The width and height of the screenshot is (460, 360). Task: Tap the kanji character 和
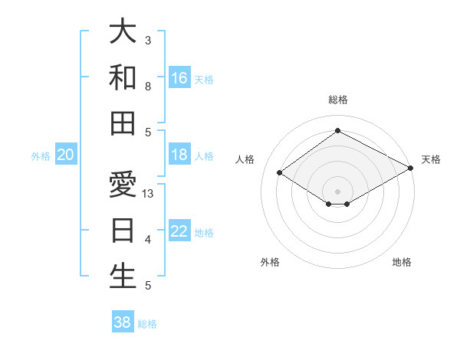pos(123,77)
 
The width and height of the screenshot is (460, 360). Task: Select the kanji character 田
pos(123,123)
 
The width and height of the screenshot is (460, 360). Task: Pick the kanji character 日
pos(123,231)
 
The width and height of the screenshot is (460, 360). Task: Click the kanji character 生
pos(123,277)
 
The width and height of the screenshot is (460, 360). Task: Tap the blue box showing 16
pos(179,77)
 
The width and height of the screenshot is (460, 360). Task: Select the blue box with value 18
pos(179,155)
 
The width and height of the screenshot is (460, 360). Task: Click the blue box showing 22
pos(179,231)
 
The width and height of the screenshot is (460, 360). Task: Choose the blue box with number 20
pos(65,155)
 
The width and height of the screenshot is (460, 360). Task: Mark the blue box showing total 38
pos(122,322)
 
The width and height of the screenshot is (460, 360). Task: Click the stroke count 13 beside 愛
pos(149,194)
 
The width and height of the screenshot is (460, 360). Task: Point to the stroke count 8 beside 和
pos(148,87)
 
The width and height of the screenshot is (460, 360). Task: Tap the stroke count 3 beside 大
pos(148,40)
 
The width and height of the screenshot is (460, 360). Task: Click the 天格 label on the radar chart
pos(431,159)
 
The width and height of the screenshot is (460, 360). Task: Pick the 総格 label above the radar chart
pos(338,100)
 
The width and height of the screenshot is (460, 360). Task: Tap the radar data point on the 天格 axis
pos(411,168)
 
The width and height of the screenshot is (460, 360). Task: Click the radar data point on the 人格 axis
pos(279,173)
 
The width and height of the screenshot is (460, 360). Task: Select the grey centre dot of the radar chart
pos(337,191)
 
